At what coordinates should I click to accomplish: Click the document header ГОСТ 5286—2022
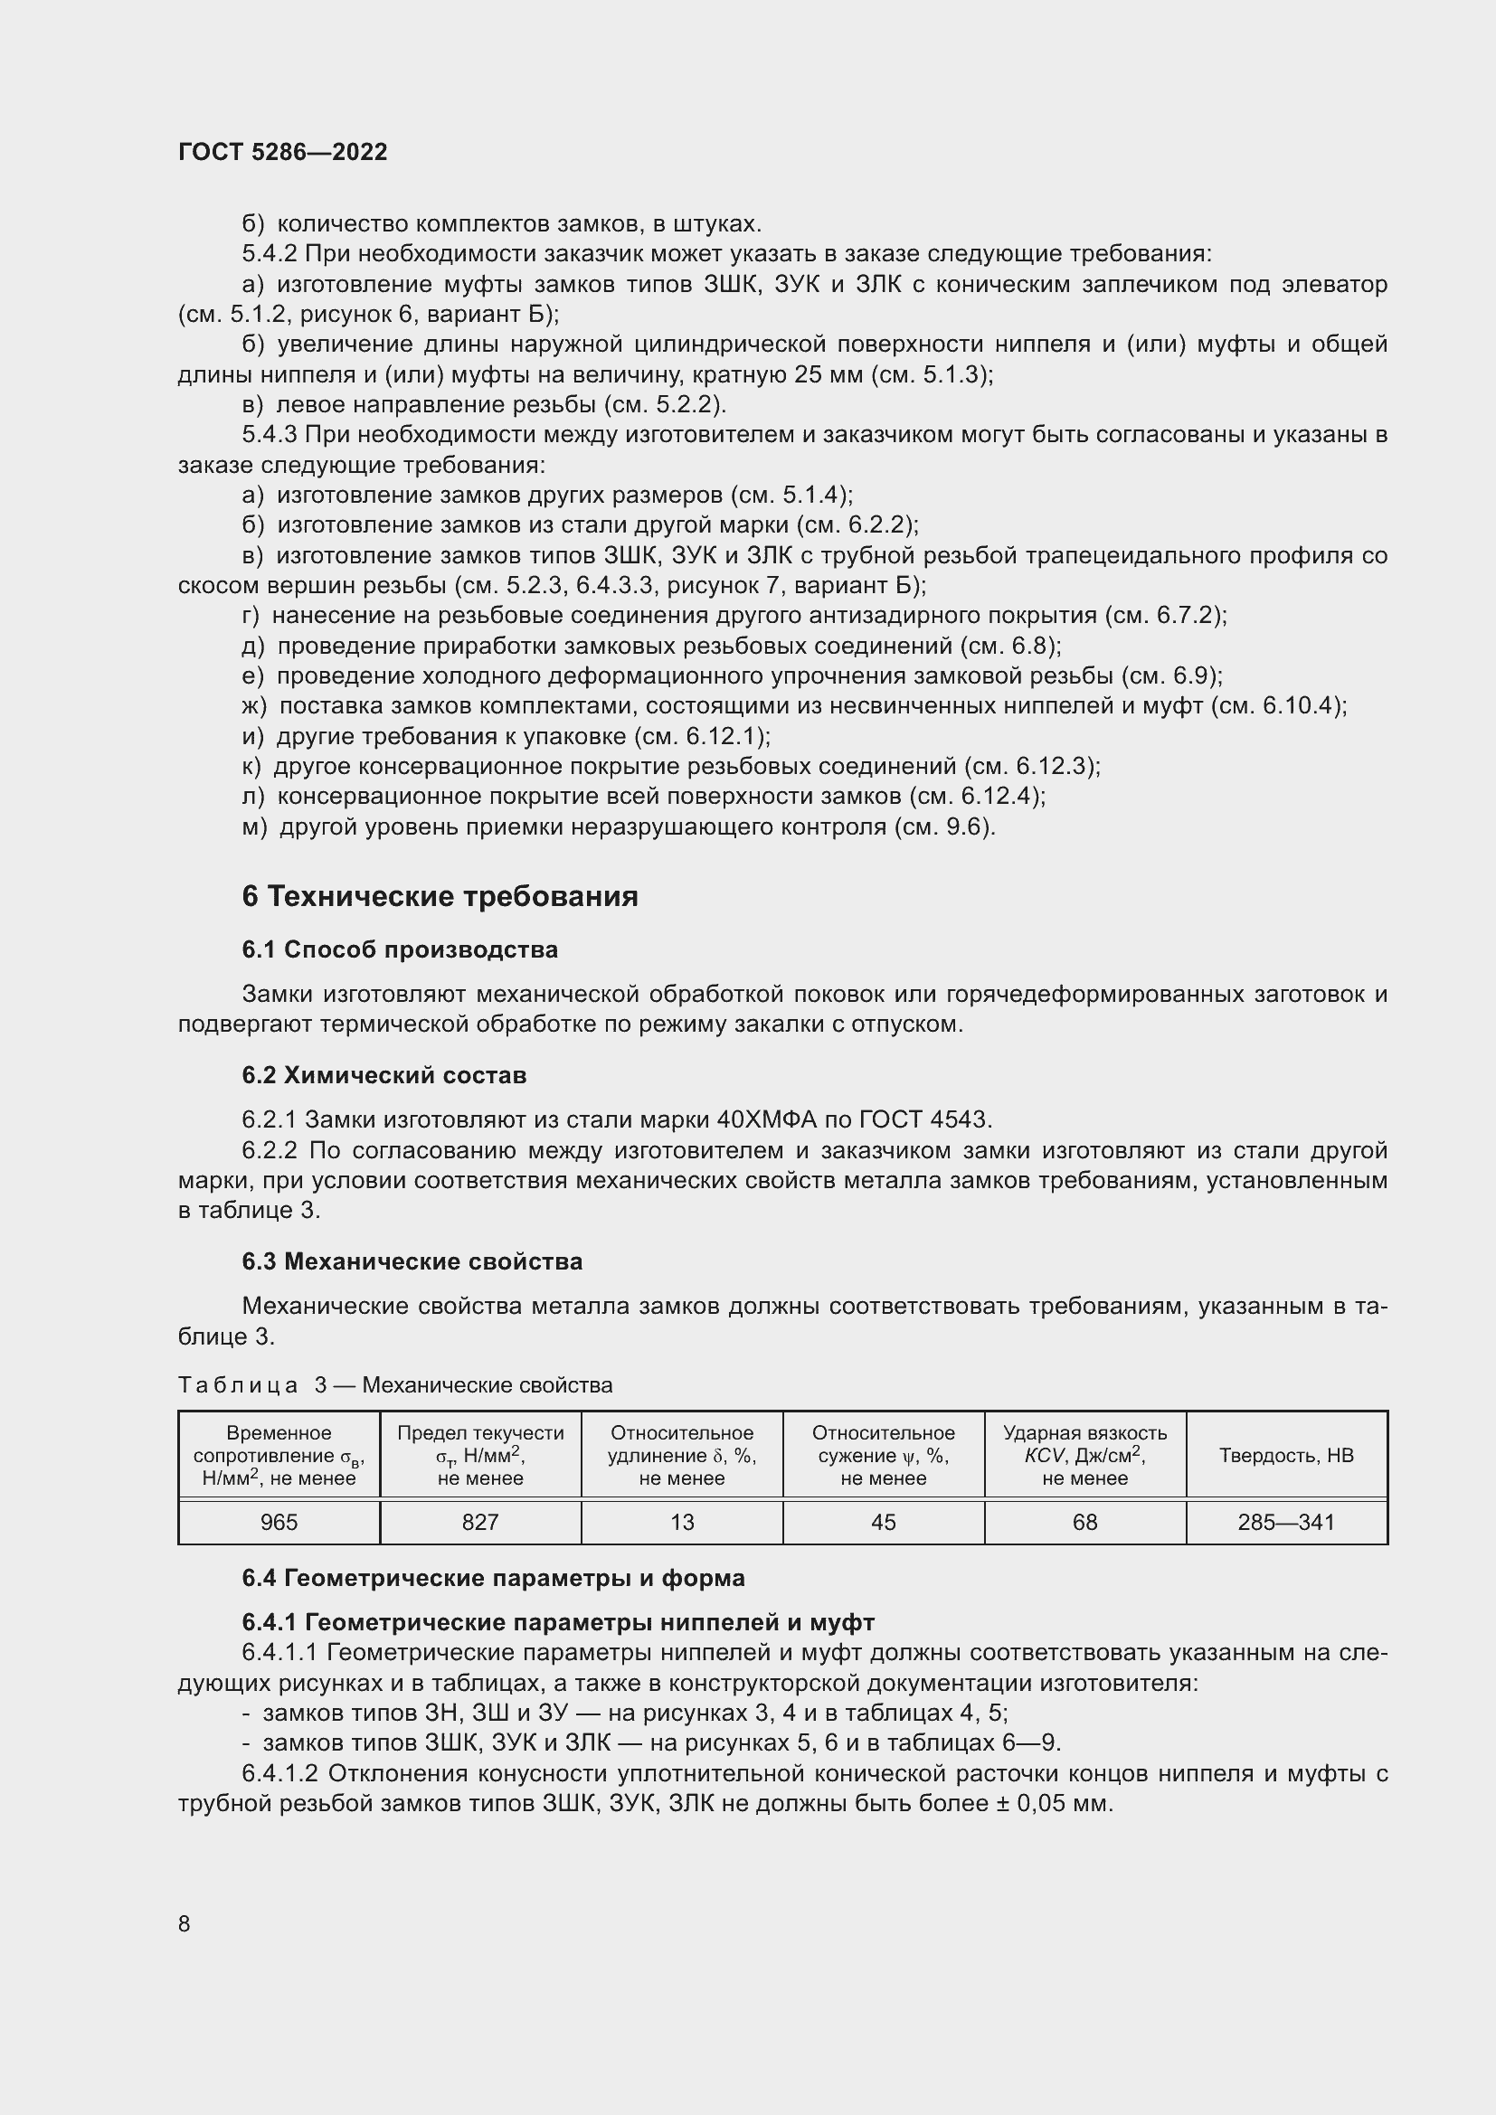(x=283, y=152)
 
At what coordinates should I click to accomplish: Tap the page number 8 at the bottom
(x=185, y=1923)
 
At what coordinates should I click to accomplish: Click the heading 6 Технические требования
(x=440, y=896)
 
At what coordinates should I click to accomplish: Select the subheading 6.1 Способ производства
(x=400, y=949)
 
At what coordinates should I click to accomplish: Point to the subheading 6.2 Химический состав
(x=384, y=1075)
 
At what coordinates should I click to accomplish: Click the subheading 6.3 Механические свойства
(x=412, y=1261)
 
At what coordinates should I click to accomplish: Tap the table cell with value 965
(x=279, y=1522)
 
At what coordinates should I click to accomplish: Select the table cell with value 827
(x=480, y=1522)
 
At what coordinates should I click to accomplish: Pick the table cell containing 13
(x=682, y=1522)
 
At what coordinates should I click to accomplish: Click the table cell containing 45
(x=884, y=1522)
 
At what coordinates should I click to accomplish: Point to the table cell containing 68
(x=1084, y=1522)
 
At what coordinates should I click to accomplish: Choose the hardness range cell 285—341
(x=1286, y=1522)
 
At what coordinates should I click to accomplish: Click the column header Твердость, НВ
(x=1286, y=1456)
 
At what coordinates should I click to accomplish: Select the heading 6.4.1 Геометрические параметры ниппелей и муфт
(x=558, y=1622)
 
